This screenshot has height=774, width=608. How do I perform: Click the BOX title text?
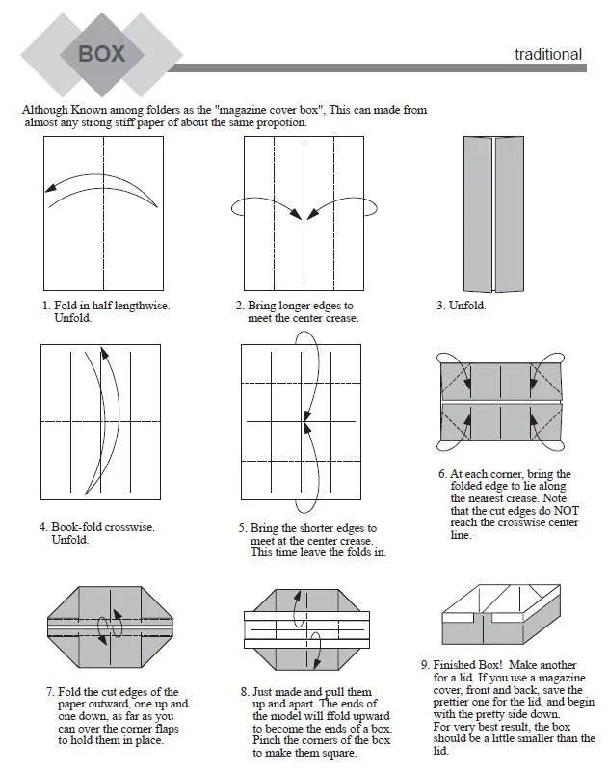[101, 52]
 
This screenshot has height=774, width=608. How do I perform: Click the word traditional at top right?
[548, 54]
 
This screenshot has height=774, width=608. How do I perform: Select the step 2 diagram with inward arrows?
[304, 214]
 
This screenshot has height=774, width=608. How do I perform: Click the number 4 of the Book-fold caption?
[43, 527]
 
